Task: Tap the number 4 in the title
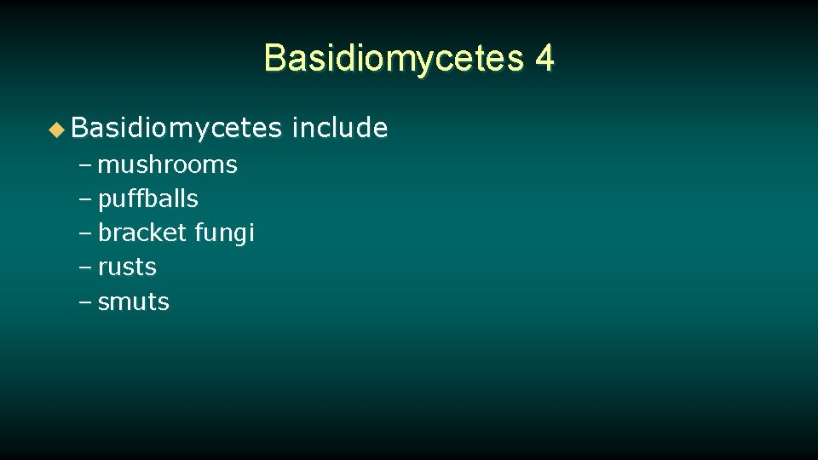(x=544, y=58)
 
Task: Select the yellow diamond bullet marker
(x=56, y=129)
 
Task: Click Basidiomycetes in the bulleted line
(x=176, y=129)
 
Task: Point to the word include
(x=340, y=128)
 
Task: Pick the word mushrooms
(x=168, y=164)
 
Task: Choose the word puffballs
(x=148, y=199)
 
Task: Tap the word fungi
(x=225, y=233)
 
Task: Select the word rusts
(x=128, y=267)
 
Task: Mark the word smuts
(x=134, y=302)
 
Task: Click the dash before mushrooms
(x=87, y=165)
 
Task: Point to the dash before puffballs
(x=87, y=199)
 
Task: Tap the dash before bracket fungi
(x=87, y=233)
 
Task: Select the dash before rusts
(x=87, y=267)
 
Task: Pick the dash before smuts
(x=87, y=302)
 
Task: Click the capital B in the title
(x=274, y=58)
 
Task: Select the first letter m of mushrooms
(x=108, y=165)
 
